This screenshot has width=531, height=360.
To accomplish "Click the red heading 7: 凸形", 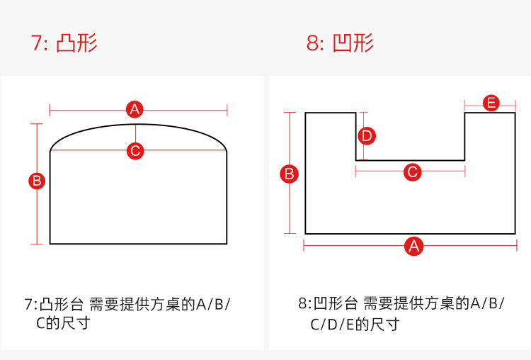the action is (64, 43).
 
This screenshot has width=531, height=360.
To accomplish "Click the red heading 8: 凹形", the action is (341, 43).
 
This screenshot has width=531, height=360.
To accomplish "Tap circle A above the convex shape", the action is (135, 109).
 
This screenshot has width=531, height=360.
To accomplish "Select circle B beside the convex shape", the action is (37, 181).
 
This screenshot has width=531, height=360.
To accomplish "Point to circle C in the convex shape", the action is (135, 150).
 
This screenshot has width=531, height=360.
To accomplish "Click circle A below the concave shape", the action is (413, 246).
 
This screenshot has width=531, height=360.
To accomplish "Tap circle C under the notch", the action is (411, 171).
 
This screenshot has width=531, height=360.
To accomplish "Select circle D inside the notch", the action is (365, 135).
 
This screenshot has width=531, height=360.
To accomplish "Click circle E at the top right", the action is (491, 103).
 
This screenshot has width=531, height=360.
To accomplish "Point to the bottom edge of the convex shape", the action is (138, 244).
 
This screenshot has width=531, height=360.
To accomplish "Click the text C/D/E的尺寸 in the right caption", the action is (355, 325).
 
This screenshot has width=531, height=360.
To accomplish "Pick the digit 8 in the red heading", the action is (312, 43).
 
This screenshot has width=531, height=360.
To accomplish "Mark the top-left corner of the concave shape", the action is (305, 113).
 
